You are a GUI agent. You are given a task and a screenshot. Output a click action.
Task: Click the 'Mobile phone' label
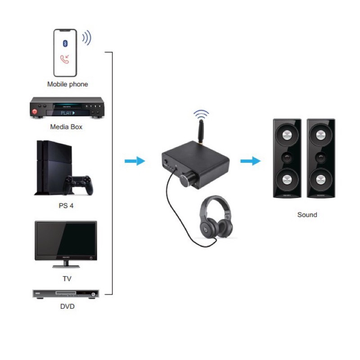[x=67, y=84]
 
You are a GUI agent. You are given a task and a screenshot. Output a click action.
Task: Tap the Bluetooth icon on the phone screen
[x=64, y=44]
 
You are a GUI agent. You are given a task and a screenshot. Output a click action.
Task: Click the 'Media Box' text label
[x=66, y=127]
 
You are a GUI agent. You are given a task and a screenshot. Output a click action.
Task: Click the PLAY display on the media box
[x=67, y=112]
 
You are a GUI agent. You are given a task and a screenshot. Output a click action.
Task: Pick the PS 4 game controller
[x=79, y=184]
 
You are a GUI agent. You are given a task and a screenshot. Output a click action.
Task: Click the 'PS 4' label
[x=66, y=206]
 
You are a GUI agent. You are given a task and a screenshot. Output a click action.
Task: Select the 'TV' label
[x=67, y=279]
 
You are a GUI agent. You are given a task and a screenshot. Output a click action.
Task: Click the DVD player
[x=66, y=294]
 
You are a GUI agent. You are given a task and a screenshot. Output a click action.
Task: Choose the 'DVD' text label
[x=67, y=307]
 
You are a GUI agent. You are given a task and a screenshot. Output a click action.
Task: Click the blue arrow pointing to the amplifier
[x=135, y=161]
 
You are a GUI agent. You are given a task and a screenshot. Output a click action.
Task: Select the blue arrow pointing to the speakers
[x=251, y=161]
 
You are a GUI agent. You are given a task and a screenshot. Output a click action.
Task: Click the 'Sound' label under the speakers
[x=307, y=215]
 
